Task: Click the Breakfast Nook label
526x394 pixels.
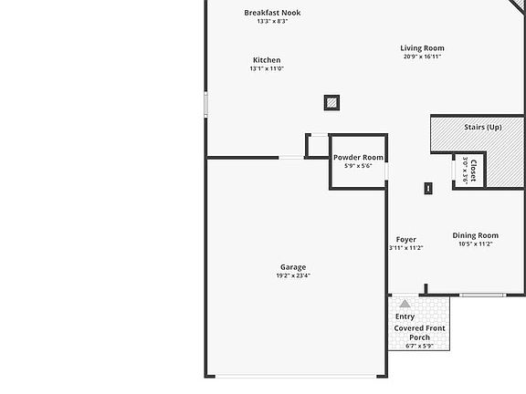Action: pos(272,13)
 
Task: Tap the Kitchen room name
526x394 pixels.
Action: pos(267,60)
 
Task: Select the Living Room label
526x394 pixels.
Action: pos(422,48)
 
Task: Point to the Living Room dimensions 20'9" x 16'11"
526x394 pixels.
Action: pos(422,57)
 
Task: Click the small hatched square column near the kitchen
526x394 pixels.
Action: pos(331,102)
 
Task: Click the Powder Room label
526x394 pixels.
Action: pos(358,158)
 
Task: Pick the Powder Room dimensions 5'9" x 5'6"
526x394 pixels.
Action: pos(358,166)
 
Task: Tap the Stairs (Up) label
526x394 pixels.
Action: pos(483,128)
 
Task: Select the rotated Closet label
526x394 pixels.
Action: pos(473,171)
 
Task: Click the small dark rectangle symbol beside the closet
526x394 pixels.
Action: pos(428,188)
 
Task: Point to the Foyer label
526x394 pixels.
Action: pos(405,240)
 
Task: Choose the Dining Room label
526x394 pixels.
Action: pos(476,235)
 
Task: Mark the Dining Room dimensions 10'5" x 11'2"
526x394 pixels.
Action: pos(476,244)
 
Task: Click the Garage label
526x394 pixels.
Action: pos(293,267)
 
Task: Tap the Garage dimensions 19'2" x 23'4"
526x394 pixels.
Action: pos(293,275)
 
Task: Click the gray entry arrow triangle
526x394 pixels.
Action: pos(405,304)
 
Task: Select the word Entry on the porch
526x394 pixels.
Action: pos(405,316)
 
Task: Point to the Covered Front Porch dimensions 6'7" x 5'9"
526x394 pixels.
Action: pos(419,346)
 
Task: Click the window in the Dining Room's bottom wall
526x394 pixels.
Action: pos(483,295)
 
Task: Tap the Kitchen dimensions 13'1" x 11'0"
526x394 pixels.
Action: pos(267,68)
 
